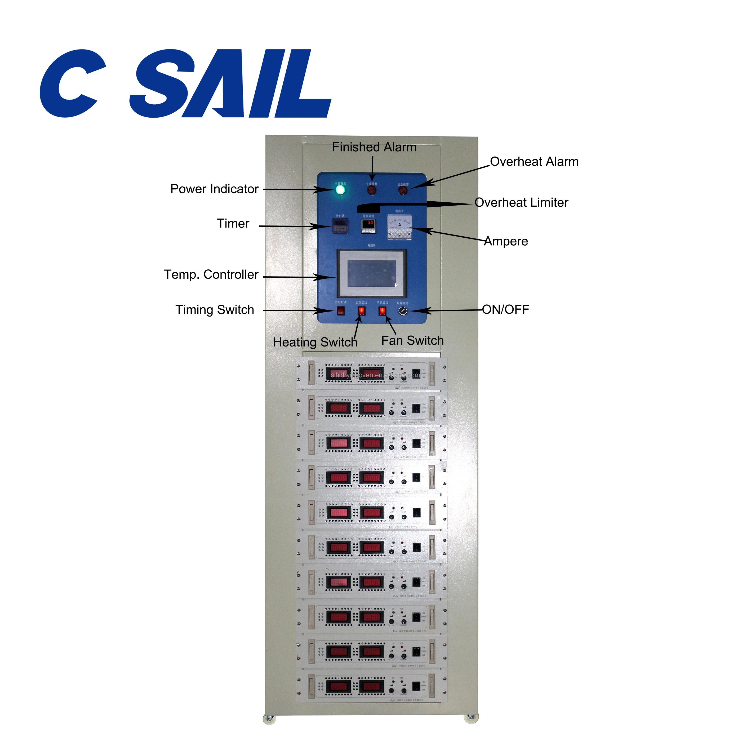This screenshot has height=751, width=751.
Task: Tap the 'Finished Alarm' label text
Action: pos(374,147)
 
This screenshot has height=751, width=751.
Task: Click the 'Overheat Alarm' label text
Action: pos(534,162)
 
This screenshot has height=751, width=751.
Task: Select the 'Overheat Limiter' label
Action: pos(521,203)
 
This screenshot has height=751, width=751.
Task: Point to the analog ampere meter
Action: pos(399,227)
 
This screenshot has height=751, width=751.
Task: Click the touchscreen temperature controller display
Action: pos(372,273)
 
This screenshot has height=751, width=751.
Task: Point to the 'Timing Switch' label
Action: pos(215,310)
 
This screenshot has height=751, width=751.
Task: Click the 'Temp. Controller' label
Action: pos(211,274)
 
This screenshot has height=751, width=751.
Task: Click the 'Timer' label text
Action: pos(233,224)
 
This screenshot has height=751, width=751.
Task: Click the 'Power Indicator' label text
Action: pos(214,189)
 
